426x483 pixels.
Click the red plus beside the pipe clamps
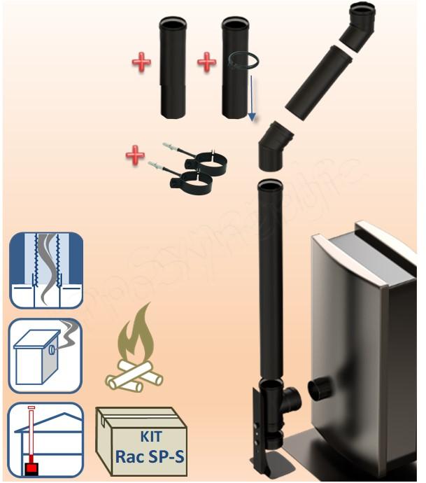[135, 155]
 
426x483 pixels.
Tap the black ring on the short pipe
[244, 61]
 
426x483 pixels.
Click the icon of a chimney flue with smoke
[46, 270]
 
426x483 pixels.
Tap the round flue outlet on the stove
[322, 387]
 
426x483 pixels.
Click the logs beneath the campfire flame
[134, 376]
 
